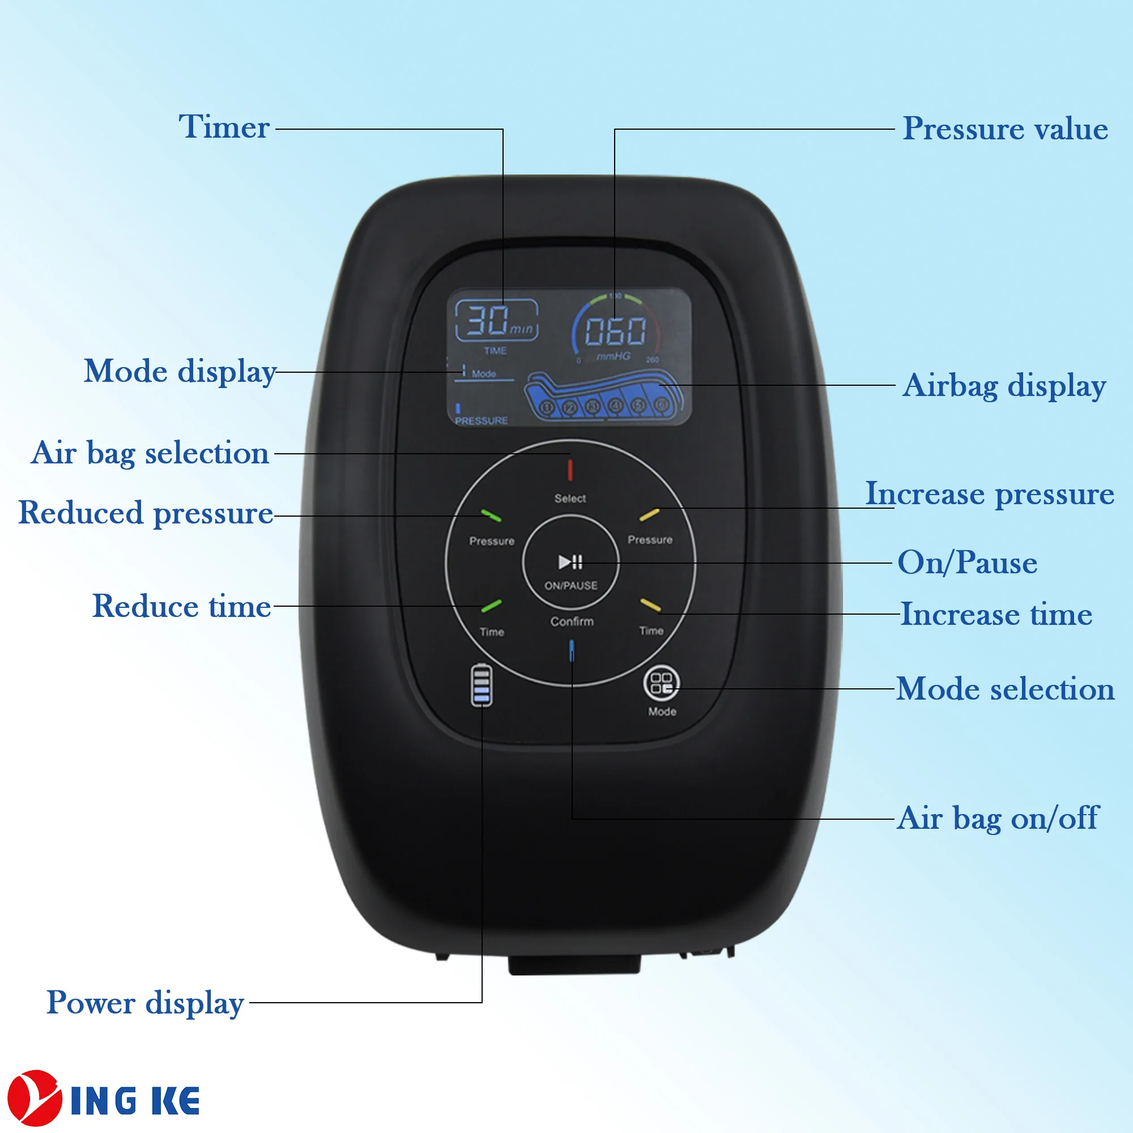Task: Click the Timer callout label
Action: pos(224,127)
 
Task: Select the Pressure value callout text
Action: pos(1004,129)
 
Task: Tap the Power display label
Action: pos(145,1002)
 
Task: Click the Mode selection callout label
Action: pos(1005,688)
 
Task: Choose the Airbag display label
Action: pos(1004,385)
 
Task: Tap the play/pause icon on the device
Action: pos(570,562)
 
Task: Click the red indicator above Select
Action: pos(569,470)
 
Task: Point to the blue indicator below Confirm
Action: pos(572,651)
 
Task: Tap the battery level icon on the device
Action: pos(482,684)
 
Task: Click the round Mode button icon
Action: pos(662,684)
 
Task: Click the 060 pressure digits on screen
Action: pos(615,331)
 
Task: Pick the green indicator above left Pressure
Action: pos(491,516)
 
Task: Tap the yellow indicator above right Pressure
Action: pos(649,515)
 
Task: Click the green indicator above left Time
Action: pos(491,606)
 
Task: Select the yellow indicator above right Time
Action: pos(650,604)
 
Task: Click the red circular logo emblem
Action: pos(34,1098)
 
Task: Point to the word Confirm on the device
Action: pos(572,621)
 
